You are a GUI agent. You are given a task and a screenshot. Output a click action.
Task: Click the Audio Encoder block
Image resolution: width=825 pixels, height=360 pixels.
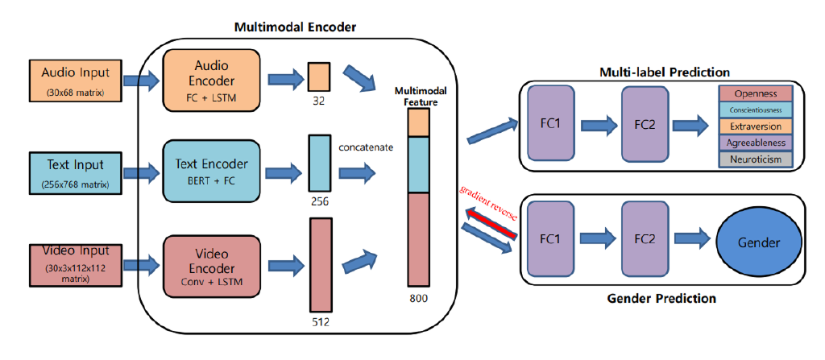(x=211, y=79)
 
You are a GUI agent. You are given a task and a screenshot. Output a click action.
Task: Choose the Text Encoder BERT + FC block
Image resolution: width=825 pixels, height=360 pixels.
(x=211, y=171)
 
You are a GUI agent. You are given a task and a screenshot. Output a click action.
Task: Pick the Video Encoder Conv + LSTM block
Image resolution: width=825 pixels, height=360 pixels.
(x=211, y=263)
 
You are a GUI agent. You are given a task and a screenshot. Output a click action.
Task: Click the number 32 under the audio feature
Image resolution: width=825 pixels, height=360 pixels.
(x=319, y=102)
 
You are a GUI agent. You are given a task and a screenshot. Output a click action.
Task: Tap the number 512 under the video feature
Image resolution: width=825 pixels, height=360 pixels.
(x=321, y=322)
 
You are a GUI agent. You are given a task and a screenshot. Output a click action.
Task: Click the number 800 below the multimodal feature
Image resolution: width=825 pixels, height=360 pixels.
(x=418, y=298)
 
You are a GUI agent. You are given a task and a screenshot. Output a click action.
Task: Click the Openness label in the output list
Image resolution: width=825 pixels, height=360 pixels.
(x=756, y=94)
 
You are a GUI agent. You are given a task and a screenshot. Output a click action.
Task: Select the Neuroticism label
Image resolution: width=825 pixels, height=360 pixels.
(x=756, y=159)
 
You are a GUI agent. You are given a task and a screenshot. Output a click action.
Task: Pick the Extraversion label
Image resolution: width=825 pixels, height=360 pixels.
(x=756, y=126)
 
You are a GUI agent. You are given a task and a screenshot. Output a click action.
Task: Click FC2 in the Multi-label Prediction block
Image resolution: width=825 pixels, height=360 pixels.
(x=645, y=125)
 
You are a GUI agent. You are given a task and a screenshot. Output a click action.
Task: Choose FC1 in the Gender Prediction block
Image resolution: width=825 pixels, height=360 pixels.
(x=551, y=239)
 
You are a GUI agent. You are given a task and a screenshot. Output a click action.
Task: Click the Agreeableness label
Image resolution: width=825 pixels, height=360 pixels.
(x=756, y=143)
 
